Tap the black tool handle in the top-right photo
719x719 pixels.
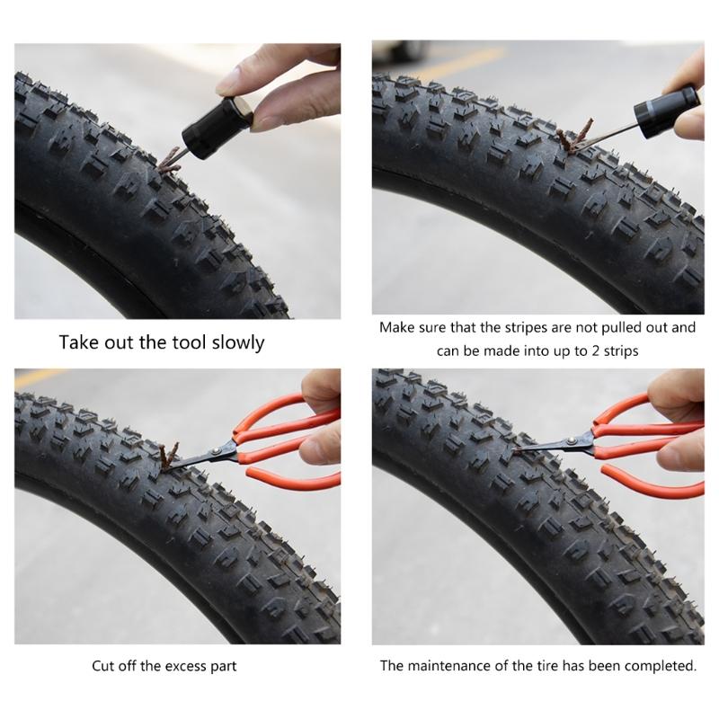pos(664,110)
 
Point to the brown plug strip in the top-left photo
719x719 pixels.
pos(167,163)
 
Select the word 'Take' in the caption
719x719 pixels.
pos(78,342)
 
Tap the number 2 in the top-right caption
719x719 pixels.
pos(588,351)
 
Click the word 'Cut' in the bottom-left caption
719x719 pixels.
pos(103,667)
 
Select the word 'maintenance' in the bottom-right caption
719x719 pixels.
pos(446,667)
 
